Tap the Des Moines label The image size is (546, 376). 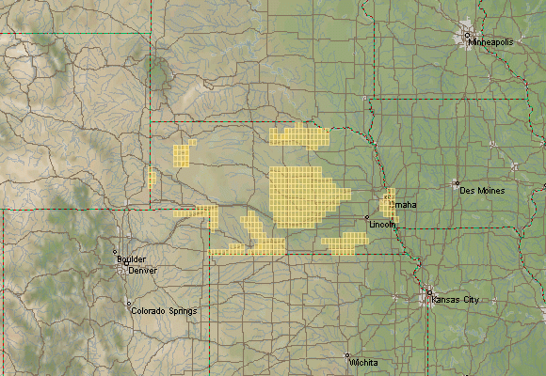(482, 191)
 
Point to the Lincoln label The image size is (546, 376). (382, 226)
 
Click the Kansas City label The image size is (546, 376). (456, 299)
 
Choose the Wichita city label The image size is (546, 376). (362, 362)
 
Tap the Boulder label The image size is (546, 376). (131, 259)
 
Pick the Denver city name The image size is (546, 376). (143, 270)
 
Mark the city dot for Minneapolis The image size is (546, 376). (466, 36)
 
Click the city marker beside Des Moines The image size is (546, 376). (456, 183)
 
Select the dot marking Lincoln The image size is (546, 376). (367, 218)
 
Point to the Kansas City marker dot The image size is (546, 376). (429, 292)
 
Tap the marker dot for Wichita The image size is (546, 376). (347, 355)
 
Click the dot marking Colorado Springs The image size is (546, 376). (128, 304)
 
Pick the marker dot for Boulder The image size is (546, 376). (115, 252)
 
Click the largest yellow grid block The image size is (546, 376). (301, 197)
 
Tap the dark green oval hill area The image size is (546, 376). (158, 69)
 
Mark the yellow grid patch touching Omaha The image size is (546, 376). (387, 205)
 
